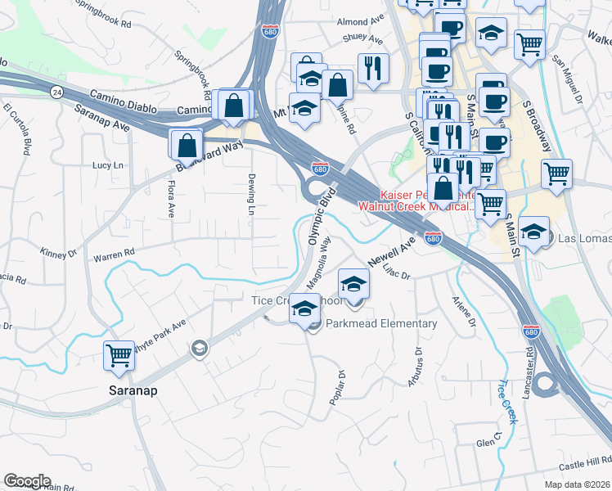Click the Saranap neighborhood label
pos(133,390)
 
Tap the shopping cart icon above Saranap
pos(119,356)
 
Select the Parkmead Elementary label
pos(381,324)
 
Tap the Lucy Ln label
pos(107,165)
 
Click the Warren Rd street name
pos(114,255)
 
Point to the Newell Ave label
pos(393,251)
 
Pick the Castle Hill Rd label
pos(585,464)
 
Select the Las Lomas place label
pos(584,239)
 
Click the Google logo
pos(27,481)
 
